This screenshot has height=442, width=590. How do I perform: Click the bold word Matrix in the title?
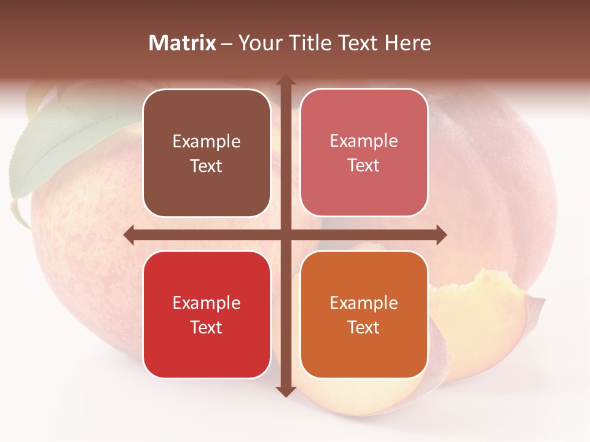tap(183, 43)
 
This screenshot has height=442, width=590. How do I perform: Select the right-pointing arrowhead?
tap(441, 235)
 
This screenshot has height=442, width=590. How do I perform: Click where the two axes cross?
tap(285, 235)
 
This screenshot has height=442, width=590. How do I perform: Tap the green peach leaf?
tap(49, 147)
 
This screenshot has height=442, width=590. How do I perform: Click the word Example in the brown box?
tap(206, 142)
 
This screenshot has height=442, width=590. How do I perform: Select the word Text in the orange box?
tap(364, 327)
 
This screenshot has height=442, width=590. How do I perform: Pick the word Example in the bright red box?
tap(206, 303)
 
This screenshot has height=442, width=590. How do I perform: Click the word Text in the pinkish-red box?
tap(364, 166)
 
